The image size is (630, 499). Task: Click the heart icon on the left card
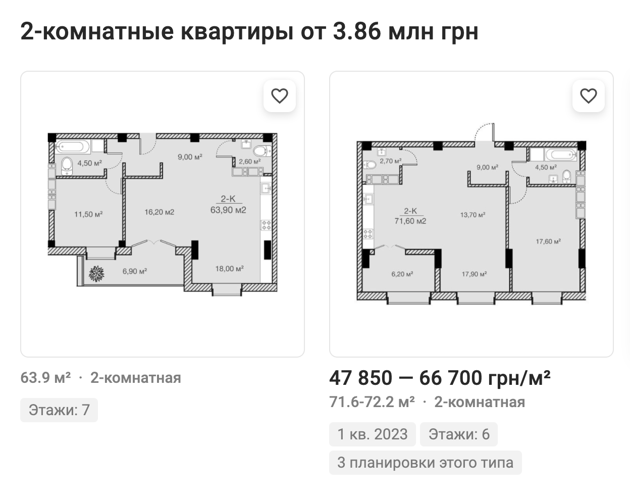pyautogui.click(x=280, y=96)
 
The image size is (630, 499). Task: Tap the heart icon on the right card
pyautogui.click(x=589, y=96)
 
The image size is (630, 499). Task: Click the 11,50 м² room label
pyautogui.click(x=88, y=214)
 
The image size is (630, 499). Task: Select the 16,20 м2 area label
pyautogui.click(x=159, y=212)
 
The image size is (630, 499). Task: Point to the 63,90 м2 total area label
pyautogui.click(x=228, y=210)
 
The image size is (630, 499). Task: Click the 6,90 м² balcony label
pyautogui.click(x=135, y=271)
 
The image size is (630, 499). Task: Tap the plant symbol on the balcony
pyautogui.click(x=96, y=274)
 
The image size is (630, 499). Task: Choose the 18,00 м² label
pyautogui.click(x=230, y=268)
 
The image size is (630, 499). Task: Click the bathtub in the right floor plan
pyautogui.click(x=561, y=155)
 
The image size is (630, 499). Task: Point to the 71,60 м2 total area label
pyautogui.click(x=410, y=221)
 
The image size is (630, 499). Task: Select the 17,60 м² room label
pyautogui.click(x=548, y=241)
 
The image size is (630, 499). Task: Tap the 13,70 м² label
pyautogui.click(x=473, y=215)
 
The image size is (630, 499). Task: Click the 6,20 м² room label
pyautogui.click(x=402, y=274)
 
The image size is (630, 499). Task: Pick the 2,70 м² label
pyautogui.click(x=391, y=161)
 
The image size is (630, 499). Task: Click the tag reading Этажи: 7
pyautogui.click(x=59, y=410)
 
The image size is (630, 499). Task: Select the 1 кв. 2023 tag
pyautogui.click(x=373, y=434)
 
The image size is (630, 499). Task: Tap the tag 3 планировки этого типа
pyautogui.click(x=426, y=462)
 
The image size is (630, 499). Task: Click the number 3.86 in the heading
pyautogui.click(x=357, y=31)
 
